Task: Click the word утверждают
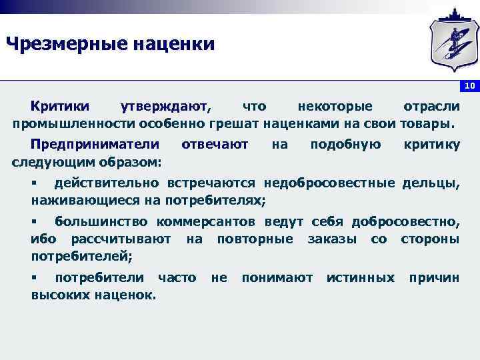[164, 107]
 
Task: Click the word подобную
[345, 145]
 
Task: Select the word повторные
[255, 239]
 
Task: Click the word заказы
[331, 239]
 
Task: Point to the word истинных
[361, 277]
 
